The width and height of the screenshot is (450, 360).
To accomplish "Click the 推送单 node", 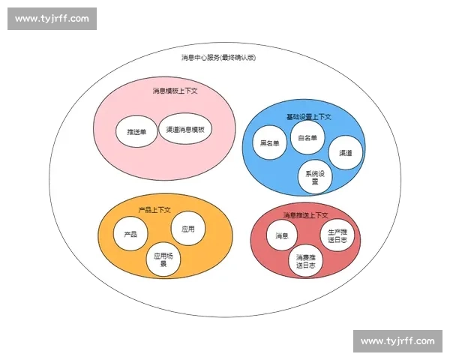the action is point(136,131).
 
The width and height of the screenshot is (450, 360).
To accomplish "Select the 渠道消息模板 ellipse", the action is point(185,129).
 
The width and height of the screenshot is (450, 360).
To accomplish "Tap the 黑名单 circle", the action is point(270,142).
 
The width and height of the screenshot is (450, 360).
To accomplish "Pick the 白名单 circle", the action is point(307,138).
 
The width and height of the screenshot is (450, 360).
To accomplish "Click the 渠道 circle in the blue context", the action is point(346,153).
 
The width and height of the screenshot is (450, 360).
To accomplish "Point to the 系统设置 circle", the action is point(315,177).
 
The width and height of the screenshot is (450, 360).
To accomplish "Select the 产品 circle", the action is point(130,234).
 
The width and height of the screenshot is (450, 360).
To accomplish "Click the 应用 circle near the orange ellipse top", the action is point(188,229).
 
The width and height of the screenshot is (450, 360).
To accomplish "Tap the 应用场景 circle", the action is point(163,259).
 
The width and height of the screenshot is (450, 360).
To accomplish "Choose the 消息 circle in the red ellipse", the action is point(282,235).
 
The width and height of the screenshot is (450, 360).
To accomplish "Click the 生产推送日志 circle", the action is point(337,235).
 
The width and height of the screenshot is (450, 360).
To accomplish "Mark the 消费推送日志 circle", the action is point(306,261).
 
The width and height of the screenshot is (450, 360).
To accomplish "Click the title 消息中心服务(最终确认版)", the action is point(219,58).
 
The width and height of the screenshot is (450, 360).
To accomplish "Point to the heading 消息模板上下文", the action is point(175,91).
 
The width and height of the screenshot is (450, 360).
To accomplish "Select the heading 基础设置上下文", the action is point(309,117).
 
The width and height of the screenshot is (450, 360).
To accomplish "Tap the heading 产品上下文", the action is point(154,210).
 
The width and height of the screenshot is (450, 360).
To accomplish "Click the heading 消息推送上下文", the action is point(306,215).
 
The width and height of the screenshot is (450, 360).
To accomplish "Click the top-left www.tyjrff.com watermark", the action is point(52,19).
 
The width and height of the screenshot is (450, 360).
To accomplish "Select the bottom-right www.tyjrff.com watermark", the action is point(397,341).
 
